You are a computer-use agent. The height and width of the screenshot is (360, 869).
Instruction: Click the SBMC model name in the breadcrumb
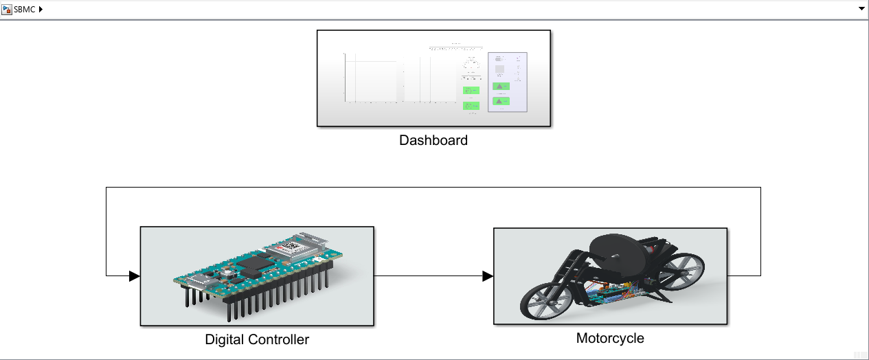click(x=25, y=9)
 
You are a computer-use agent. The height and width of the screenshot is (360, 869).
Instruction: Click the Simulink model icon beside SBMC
click(x=7, y=9)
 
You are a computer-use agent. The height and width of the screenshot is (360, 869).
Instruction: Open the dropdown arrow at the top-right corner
click(x=861, y=9)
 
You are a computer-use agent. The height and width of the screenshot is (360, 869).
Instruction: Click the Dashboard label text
click(x=433, y=140)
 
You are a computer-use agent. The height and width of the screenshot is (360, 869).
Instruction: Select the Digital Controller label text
click(x=257, y=339)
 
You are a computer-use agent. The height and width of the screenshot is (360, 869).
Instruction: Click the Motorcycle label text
click(x=610, y=338)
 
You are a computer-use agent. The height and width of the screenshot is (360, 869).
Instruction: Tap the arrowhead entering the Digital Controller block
click(x=135, y=276)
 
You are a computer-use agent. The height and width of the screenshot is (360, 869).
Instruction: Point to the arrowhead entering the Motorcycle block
click(x=488, y=276)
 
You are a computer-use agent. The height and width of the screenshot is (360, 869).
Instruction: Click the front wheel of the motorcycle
click(x=545, y=301)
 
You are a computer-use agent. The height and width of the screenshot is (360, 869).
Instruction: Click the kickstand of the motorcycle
click(x=659, y=295)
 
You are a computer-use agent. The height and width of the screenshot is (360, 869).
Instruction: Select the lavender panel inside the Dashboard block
click(x=507, y=82)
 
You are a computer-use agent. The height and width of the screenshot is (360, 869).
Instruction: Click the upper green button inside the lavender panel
click(x=501, y=87)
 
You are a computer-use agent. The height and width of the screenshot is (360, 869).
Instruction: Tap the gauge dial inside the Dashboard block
click(x=471, y=65)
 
